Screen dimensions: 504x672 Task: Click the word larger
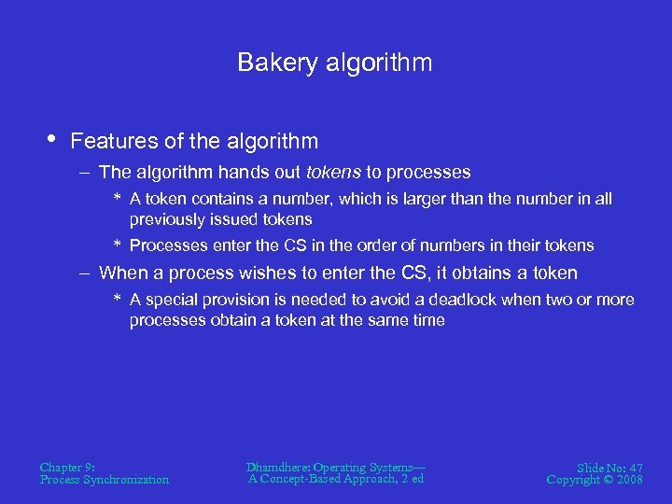(x=446, y=199)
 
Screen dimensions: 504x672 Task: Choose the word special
(x=175, y=300)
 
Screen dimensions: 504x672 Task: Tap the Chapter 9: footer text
(x=67, y=467)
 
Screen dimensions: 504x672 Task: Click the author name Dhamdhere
(x=277, y=467)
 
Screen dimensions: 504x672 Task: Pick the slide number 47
(x=634, y=468)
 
